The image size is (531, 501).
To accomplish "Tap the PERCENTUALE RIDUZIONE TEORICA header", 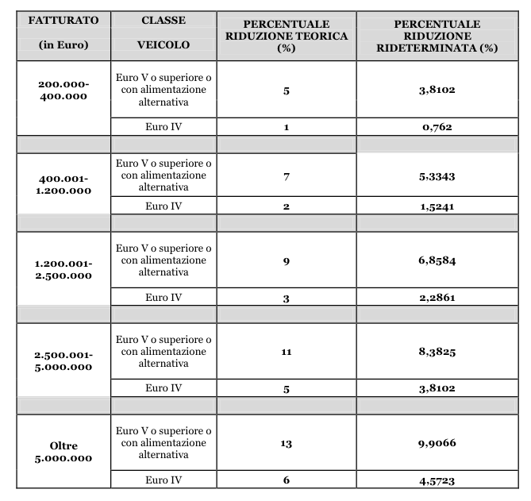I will tap(285, 37).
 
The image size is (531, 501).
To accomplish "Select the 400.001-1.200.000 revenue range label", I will tap(63, 184).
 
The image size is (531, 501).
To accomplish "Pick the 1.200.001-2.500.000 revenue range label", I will tap(63, 270).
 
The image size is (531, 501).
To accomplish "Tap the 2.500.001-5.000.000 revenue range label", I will tap(63, 360).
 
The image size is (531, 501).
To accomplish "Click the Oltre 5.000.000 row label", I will tap(63, 452).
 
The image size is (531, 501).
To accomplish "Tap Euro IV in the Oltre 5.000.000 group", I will tap(164, 480).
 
